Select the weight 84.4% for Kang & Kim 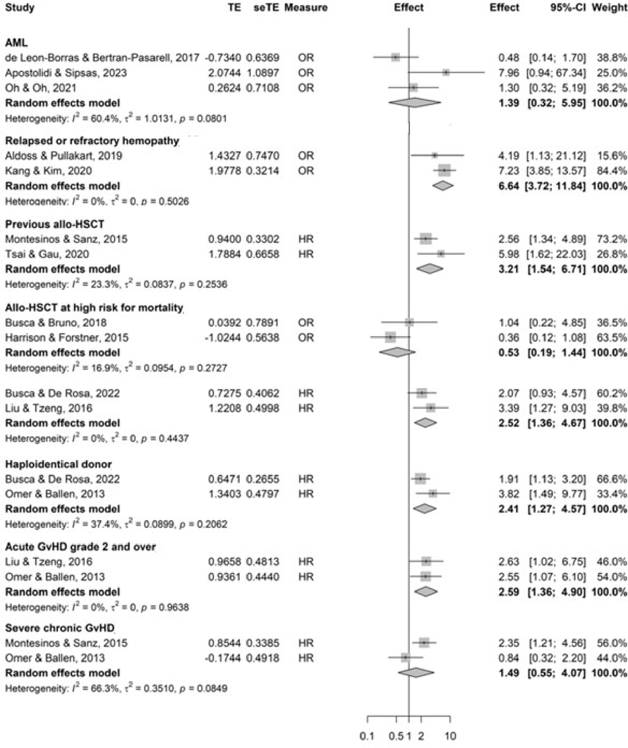(x=611, y=170)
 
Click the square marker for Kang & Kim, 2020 (x=444, y=170)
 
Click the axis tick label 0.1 (x=368, y=736)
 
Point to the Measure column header (x=301, y=8)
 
